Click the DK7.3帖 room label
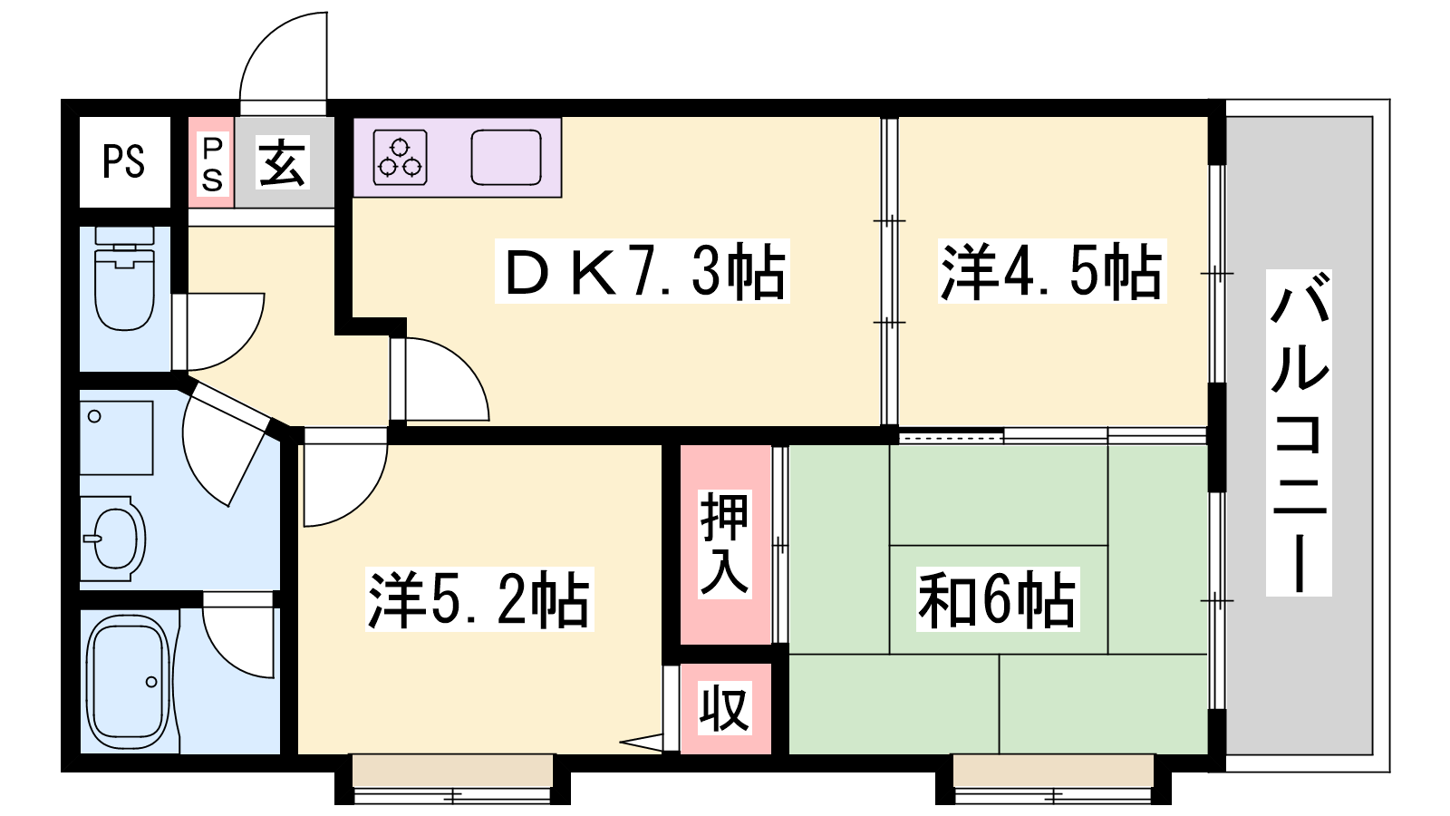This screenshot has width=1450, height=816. (643, 271)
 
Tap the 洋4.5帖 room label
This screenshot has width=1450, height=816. (1052, 271)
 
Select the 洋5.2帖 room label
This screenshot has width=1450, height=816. (479, 599)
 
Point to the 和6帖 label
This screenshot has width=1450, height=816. (997, 599)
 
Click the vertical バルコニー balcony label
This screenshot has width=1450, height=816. (1299, 432)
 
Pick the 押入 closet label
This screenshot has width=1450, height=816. (724, 544)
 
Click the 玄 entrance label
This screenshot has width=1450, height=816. (282, 162)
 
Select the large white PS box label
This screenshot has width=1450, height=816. (123, 161)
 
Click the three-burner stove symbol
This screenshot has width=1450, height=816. (401, 158)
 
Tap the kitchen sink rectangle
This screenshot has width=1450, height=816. (507, 158)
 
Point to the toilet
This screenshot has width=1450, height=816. (124, 278)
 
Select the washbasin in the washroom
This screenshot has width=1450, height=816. (114, 539)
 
